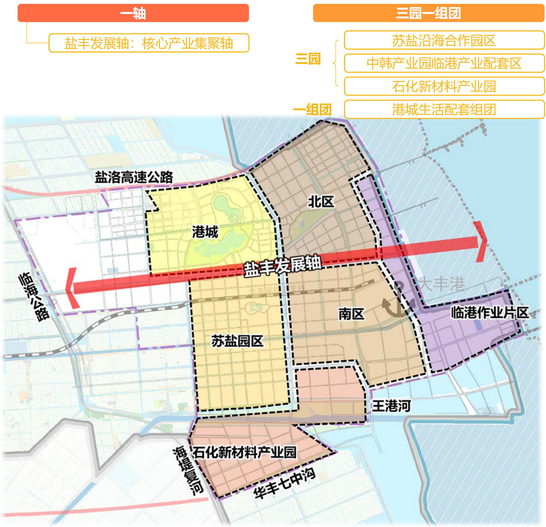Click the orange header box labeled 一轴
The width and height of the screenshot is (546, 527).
pos(133,13)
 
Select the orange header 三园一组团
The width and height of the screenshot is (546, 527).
pos(428,13)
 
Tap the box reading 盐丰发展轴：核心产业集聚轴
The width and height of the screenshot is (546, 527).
pos(149,43)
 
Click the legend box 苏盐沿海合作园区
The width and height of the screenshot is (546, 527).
pos(444,40)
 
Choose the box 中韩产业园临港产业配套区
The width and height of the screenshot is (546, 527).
pos(444,63)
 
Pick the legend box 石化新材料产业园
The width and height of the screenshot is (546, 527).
pos(444,86)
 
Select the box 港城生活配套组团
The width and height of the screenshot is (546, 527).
pos(444,109)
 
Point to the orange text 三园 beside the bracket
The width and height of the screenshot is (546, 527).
pos(308,59)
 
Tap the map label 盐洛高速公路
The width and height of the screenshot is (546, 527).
pos(134,177)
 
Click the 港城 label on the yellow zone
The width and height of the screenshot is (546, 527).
pos(205,232)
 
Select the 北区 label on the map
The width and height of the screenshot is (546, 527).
pos(321,202)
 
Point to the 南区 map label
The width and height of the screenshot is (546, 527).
pos(351,314)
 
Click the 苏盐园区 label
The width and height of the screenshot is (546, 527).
pos(237,341)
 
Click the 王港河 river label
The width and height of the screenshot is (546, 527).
pos(391,406)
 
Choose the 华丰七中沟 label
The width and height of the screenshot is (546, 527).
pos(284,483)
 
